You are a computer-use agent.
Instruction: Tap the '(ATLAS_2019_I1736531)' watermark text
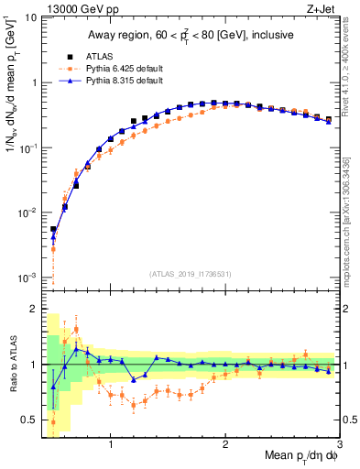[x=190, y=273]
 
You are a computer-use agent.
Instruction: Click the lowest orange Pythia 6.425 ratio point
[x=53, y=422]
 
